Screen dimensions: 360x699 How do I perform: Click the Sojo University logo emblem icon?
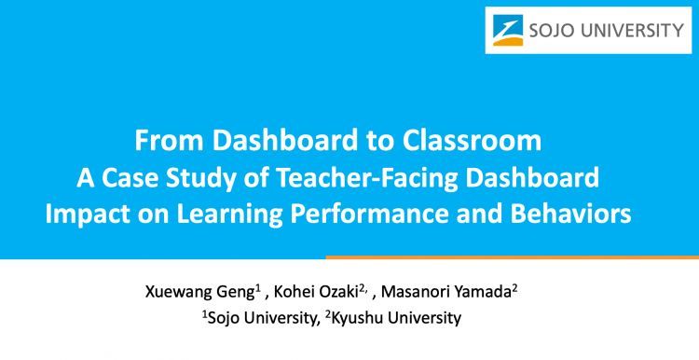click(x=509, y=31)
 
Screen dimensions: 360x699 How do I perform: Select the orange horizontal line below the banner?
click(x=512, y=256)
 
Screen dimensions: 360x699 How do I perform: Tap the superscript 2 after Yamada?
click(x=514, y=287)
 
